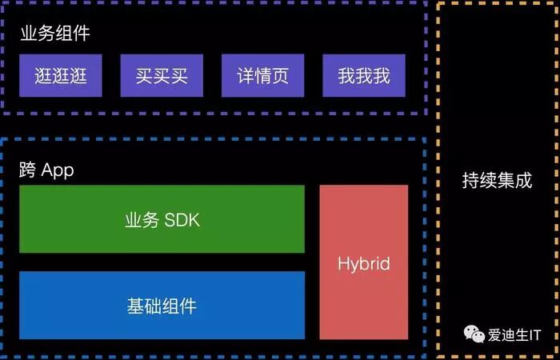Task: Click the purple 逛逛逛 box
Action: tap(61, 76)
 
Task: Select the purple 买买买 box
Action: tap(162, 76)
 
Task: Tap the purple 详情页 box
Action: tap(263, 76)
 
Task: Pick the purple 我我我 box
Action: tap(364, 76)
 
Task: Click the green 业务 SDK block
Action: tap(162, 219)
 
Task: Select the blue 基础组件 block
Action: tap(162, 305)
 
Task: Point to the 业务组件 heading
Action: tap(55, 34)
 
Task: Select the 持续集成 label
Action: tap(497, 180)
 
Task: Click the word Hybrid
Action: tap(363, 263)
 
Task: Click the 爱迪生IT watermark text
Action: tap(515, 334)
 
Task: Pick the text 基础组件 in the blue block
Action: tap(162, 306)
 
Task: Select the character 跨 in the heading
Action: tap(28, 170)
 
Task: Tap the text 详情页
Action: tap(263, 76)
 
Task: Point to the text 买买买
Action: tap(162, 76)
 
